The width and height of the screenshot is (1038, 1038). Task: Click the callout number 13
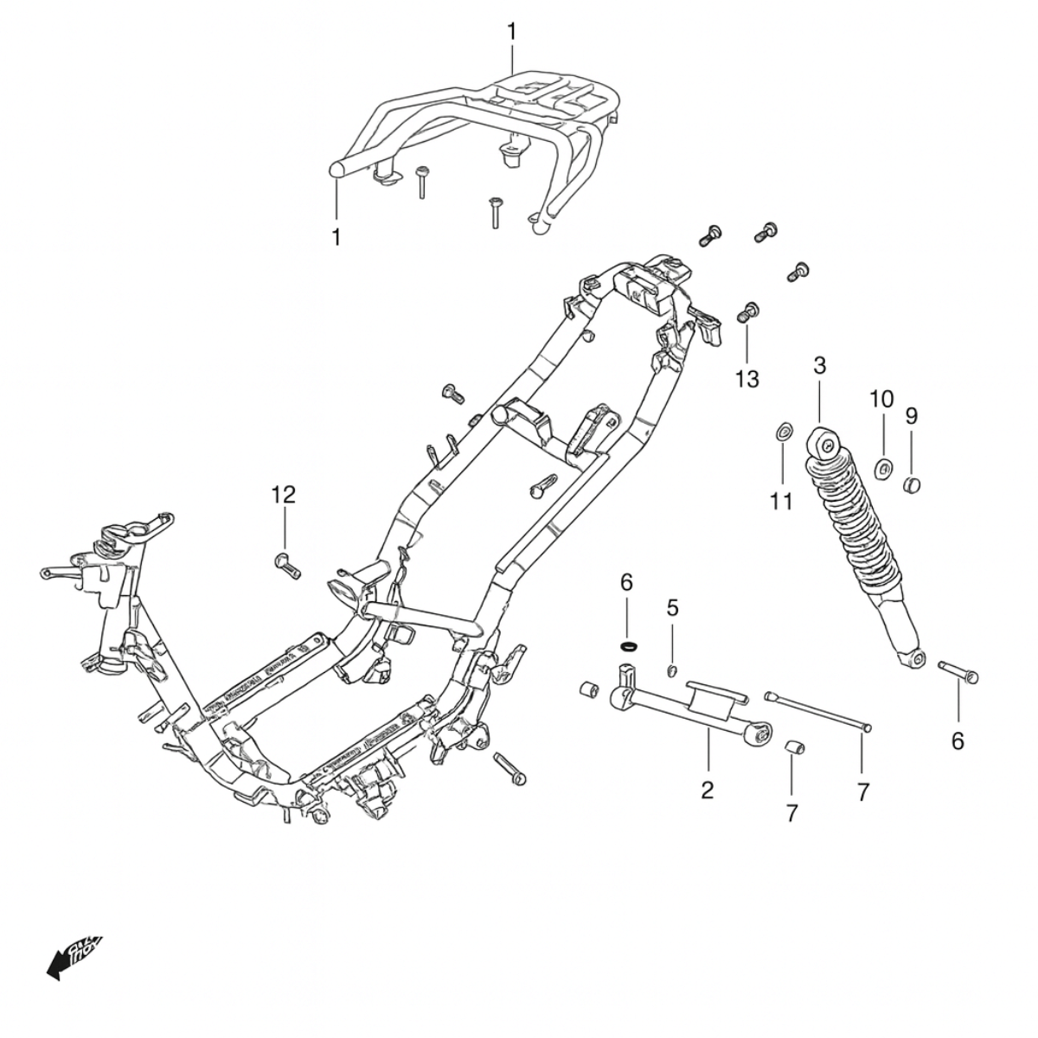[x=746, y=378]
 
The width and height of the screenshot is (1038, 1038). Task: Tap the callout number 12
[x=284, y=495]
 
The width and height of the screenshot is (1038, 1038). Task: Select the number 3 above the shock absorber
[x=820, y=365]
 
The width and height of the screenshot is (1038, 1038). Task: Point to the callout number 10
[x=881, y=400]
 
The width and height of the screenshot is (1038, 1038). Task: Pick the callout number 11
[x=782, y=501]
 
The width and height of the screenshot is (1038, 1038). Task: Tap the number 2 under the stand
[x=708, y=789]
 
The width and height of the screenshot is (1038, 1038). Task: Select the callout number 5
[x=672, y=607]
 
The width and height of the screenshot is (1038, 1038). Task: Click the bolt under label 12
[x=287, y=563]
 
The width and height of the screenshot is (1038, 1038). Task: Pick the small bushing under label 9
[x=912, y=483]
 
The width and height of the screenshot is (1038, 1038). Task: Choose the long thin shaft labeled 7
[x=817, y=710]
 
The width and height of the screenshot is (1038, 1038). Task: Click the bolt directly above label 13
[x=748, y=311]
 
